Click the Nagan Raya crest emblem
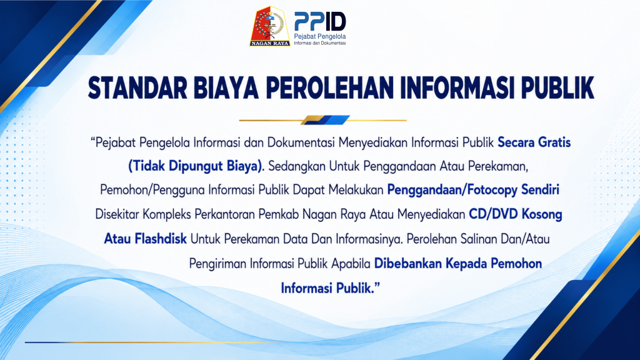[270, 26]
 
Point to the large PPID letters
[320, 22]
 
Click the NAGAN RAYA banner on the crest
[270, 43]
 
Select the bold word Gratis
[554, 142]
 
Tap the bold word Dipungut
[196, 166]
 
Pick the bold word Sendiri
[540, 190]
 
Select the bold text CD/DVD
[493, 214]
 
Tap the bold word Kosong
[542, 215]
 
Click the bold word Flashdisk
[161, 239]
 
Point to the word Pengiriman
[217, 264]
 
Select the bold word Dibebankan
[407, 263]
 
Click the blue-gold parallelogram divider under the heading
[325, 120]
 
